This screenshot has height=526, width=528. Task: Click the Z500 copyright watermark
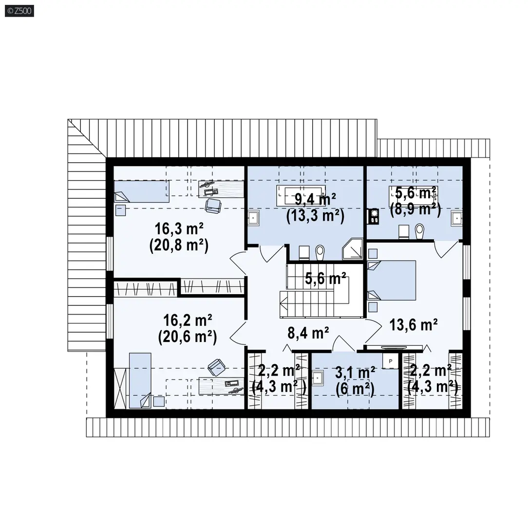[x=19, y=11]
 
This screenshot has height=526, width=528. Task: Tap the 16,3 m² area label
[x=179, y=229]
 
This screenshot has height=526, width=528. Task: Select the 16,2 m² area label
[x=188, y=320]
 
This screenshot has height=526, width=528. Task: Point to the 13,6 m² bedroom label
[x=414, y=325]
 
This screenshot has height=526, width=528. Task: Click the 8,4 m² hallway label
[x=308, y=333]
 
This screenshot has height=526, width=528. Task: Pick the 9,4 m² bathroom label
[x=315, y=199]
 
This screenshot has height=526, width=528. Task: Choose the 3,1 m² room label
[x=355, y=373]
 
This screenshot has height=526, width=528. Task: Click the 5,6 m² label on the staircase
[x=326, y=279]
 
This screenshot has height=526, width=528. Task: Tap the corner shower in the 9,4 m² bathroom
[x=353, y=249]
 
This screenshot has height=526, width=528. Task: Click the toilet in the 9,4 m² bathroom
[x=320, y=252]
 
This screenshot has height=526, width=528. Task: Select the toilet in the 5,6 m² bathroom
[x=419, y=231]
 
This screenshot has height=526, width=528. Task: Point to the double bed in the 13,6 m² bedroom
[x=392, y=280]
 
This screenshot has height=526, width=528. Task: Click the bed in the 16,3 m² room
[x=141, y=191]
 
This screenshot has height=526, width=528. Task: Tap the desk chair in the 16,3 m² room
[x=213, y=206]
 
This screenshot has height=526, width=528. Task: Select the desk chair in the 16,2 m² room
[x=216, y=367]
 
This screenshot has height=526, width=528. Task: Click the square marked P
[x=391, y=361]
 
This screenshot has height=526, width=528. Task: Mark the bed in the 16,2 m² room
[x=140, y=380]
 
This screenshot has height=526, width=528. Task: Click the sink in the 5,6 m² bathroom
[x=456, y=218]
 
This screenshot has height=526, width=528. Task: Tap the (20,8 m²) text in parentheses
[x=179, y=245]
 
